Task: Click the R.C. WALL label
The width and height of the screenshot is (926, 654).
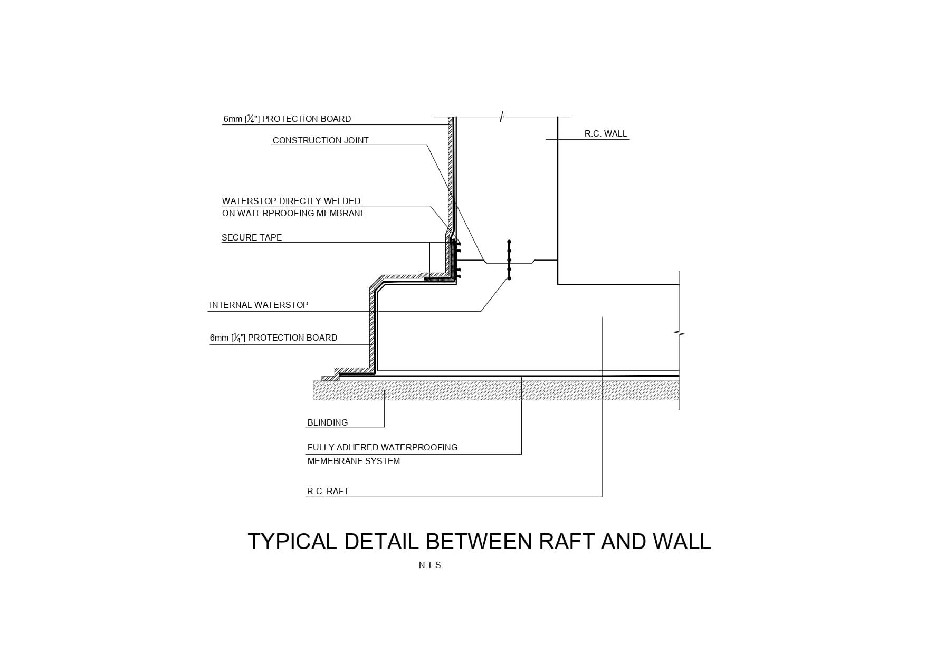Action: pos(605,133)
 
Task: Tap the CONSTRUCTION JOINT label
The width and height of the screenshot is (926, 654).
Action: pos(320,140)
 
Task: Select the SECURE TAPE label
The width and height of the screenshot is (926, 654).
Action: pos(252,237)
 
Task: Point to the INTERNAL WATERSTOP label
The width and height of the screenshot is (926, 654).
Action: pos(259,305)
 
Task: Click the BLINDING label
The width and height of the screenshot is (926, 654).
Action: pos(328,422)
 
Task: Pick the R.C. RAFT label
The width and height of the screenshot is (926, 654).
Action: pos(328,491)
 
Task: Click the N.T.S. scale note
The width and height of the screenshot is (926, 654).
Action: pos(431,565)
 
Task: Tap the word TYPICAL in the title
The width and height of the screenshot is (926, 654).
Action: pos(292,542)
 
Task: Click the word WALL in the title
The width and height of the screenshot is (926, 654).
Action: pos(682,542)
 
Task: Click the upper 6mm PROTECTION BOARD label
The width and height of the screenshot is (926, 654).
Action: pos(287,119)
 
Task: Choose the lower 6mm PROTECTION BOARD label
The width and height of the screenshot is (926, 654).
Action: pos(273,338)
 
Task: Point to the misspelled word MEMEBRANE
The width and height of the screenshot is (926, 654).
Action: pos(354,461)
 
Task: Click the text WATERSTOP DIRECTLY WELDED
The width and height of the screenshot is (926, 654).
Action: pos(291,201)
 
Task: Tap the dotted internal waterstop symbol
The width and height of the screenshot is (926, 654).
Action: pos(509,260)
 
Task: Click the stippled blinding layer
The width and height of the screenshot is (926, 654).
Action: pos(475,390)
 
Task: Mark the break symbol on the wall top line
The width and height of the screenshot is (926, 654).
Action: pos(501,117)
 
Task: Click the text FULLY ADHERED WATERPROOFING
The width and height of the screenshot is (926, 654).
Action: pos(383,447)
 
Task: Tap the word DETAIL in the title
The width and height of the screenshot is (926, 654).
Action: pos(380,542)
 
